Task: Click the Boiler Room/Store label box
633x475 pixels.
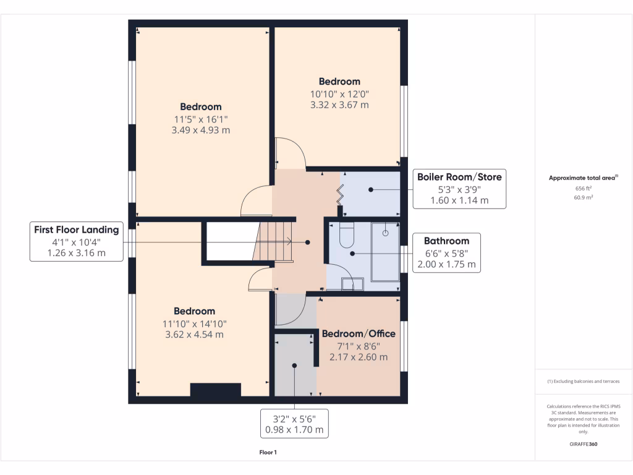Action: click(459, 189)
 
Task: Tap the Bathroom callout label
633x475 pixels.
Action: click(446, 252)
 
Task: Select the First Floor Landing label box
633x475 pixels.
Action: click(76, 241)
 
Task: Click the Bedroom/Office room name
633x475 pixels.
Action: click(359, 334)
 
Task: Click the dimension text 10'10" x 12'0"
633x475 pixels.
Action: click(339, 94)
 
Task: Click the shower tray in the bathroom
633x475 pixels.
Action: click(384, 250)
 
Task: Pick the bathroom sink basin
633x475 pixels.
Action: click(353, 284)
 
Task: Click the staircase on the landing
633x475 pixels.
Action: click(274, 241)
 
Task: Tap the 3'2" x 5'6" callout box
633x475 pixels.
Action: click(294, 424)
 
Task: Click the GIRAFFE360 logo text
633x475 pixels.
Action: click(584, 444)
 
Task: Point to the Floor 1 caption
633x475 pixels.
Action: click(268, 453)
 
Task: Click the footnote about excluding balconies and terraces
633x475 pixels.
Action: click(584, 382)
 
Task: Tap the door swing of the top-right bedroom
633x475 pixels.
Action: click(289, 153)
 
